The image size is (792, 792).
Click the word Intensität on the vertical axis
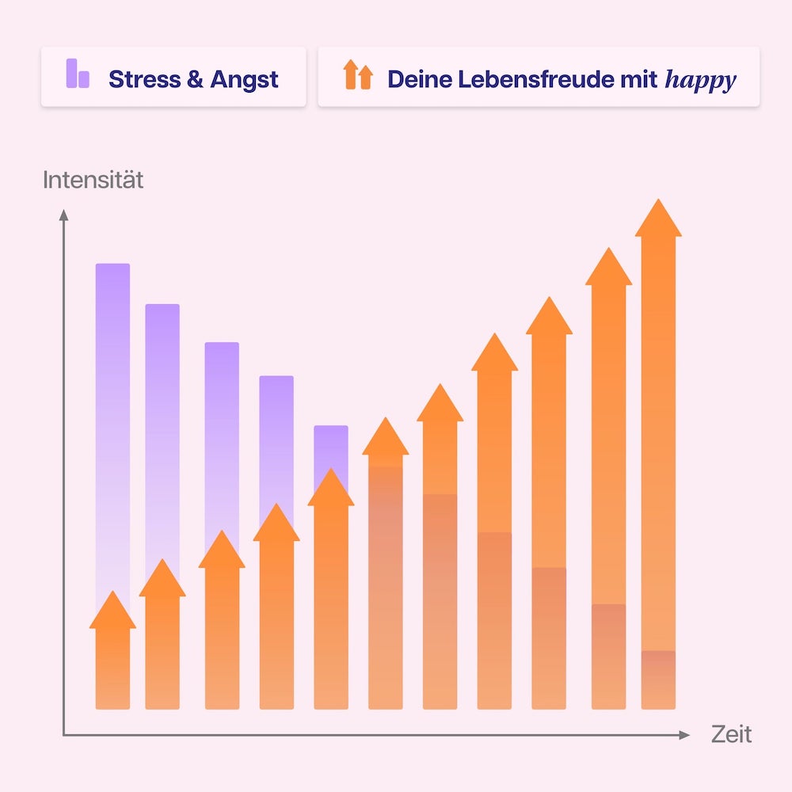(93, 180)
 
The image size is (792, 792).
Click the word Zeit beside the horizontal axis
(731, 733)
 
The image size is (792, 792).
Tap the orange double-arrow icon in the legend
(357, 75)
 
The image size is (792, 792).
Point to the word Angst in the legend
(244, 80)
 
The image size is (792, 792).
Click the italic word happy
(701, 80)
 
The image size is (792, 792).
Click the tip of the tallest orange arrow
(658, 203)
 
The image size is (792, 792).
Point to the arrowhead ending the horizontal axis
(685, 735)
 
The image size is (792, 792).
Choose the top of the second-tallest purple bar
(162, 307)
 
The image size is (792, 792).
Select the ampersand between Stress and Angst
(195, 79)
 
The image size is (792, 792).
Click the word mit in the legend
(642, 79)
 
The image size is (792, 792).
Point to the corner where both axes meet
(64, 735)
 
